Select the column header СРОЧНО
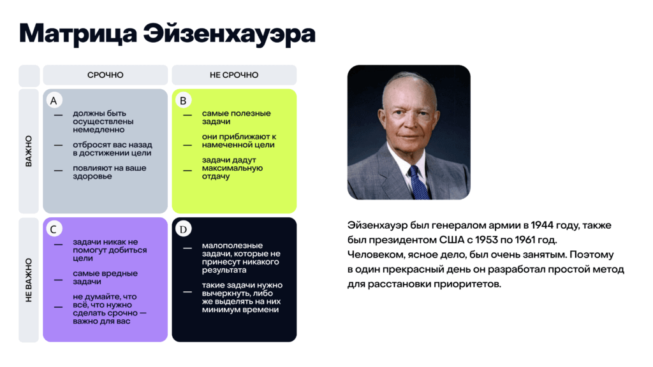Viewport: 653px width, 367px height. click(x=105, y=75)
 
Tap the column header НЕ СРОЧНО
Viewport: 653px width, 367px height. click(x=234, y=75)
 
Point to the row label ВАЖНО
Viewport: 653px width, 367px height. click(x=29, y=151)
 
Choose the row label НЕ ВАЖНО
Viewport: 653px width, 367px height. click(x=29, y=280)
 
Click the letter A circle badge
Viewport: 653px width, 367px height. click(x=54, y=101)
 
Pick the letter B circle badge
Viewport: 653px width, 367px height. click(x=183, y=101)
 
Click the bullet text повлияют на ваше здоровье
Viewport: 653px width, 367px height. click(x=109, y=172)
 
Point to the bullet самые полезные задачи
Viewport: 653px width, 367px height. click(x=227, y=117)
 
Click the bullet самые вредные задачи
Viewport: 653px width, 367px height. click(x=105, y=277)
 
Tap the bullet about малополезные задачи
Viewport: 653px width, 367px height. click(x=240, y=254)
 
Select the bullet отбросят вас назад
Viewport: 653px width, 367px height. click(x=112, y=148)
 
